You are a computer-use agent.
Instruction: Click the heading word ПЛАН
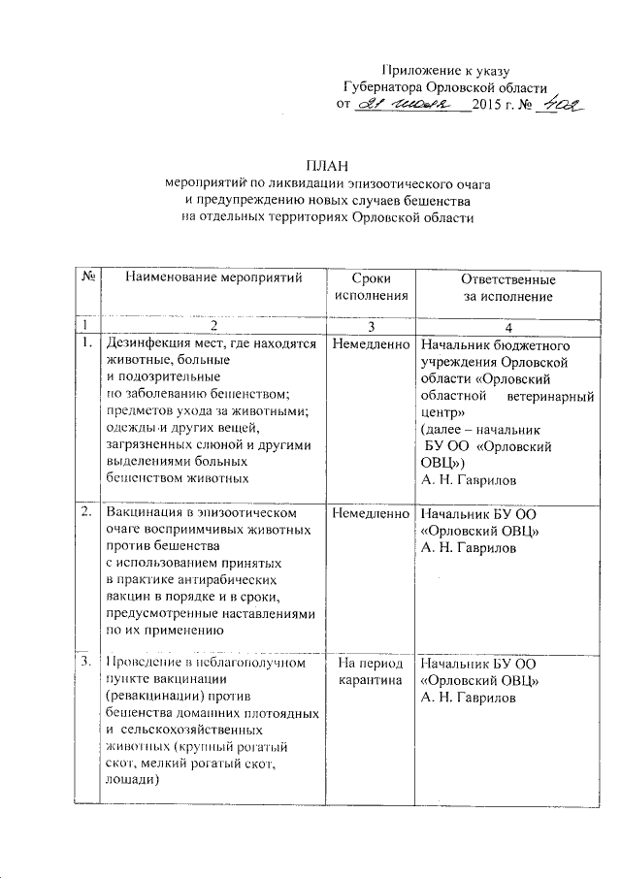click(x=327, y=165)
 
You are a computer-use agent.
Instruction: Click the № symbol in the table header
click(x=87, y=276)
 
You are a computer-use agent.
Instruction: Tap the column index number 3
click(x=371, y=324)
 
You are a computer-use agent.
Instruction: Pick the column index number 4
click(x=507, y=324)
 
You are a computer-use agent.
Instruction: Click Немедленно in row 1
click(x=371, y=343)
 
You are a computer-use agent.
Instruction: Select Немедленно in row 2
click(x=371, y=513)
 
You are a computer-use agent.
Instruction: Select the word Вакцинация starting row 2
click(x=149, y=512)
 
